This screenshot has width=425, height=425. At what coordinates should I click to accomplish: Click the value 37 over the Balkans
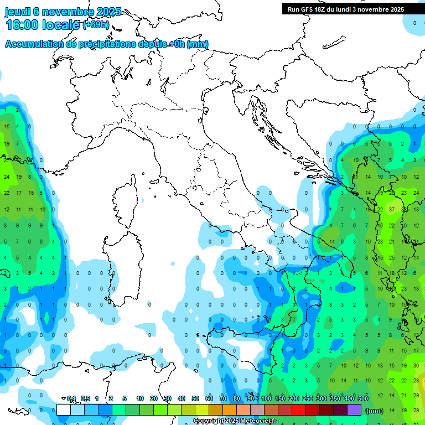392,210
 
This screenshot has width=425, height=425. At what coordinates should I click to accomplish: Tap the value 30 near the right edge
416,365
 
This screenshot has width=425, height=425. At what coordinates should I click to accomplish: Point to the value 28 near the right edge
416,380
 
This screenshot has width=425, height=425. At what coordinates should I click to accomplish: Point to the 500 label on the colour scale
363,398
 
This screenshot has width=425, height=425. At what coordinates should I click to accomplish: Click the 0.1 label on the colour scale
71,398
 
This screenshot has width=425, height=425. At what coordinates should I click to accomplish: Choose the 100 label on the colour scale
266,398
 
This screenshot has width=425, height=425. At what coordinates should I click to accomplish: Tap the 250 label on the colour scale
308,398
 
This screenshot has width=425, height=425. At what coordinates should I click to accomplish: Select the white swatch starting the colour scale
64,410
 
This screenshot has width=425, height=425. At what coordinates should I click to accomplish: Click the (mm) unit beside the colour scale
375,411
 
